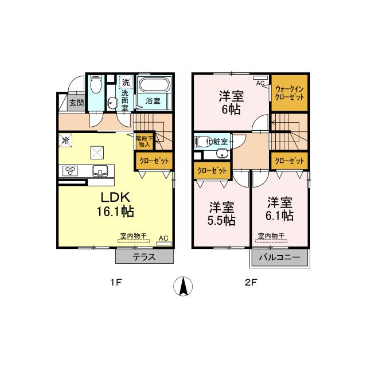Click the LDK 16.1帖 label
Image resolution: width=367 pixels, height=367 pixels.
115,204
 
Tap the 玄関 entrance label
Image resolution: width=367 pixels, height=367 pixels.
76,103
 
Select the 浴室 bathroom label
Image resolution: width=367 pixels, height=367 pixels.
153,101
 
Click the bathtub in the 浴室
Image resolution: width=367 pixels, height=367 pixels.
154,85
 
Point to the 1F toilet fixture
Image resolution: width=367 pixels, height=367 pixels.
96,84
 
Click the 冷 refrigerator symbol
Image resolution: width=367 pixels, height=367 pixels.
65,140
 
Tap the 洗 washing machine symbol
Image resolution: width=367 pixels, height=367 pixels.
126,82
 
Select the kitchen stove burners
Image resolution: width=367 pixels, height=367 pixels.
71,170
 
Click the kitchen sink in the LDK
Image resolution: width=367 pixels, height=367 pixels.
100,171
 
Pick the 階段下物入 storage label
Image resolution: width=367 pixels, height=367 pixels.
145,142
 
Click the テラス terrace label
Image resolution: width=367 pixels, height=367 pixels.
144,257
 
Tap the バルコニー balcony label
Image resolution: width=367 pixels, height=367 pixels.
279,257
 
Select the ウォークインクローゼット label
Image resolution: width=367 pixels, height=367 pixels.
289,93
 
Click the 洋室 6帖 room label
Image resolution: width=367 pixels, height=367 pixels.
231,102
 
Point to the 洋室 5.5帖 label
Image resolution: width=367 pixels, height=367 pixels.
221,213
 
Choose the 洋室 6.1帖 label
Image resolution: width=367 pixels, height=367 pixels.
279,209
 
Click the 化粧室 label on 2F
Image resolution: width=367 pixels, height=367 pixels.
217,141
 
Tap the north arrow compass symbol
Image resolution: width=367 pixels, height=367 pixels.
183,286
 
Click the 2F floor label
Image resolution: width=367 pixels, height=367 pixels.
251,283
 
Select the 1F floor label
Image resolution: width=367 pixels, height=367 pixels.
116,283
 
